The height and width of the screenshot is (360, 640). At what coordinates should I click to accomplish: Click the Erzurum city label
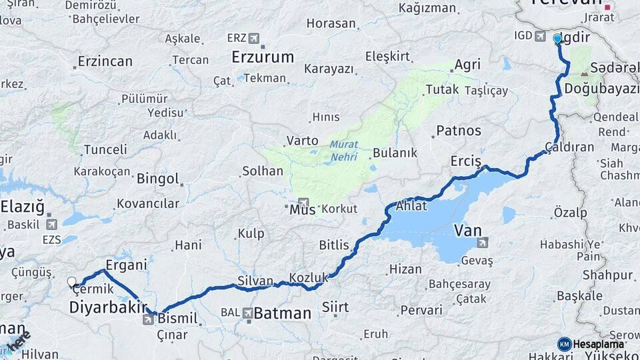click(x=262, y=57)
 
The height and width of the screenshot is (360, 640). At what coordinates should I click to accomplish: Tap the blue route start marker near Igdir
click(x=557, y=39)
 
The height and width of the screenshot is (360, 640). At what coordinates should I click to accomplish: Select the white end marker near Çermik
click(x=72, y=281)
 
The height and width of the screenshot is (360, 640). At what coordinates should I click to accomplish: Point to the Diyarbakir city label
click(x=107, y=307)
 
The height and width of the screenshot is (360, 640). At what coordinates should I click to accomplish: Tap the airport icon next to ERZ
click(x=254, y=38)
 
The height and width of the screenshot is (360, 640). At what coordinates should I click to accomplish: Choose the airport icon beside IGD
click(x=539, y=35)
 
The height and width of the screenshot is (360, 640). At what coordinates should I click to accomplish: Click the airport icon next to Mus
click(x=304, y=203)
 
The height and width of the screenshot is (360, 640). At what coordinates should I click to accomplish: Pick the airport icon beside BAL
click(x=247, y=312)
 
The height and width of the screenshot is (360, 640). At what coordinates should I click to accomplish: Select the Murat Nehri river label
click(x=343, y=151)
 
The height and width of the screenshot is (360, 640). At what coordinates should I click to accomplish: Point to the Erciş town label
click(x=466, y=161)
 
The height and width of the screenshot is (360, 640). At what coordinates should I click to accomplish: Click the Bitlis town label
click(x=334, y=245)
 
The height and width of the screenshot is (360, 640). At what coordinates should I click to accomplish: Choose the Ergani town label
click(x=126, y=265)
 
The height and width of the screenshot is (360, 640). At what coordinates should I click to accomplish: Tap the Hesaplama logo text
click(x=598, y=344)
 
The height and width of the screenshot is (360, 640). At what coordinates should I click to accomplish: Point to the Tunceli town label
click(x=105, y=149)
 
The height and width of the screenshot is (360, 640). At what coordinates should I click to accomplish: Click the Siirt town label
click(x=335, y=307)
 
